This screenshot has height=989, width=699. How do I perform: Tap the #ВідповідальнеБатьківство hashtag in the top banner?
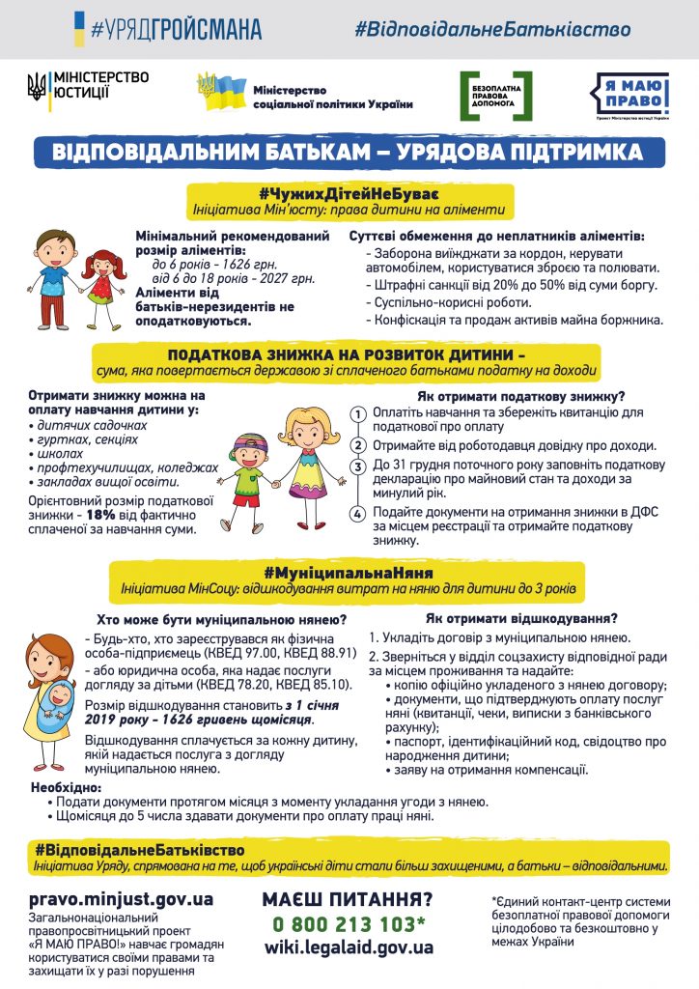click(x=491, y=29)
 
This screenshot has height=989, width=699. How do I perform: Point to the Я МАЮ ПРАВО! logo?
click(x=629, y=95)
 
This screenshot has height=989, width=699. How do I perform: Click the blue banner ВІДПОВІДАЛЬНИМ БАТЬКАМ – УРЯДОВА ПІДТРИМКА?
click(x=349, y=152)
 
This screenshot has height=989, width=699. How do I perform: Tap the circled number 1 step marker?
click(x=357, y=414)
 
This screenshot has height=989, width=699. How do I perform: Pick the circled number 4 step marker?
click(x=357, y=514)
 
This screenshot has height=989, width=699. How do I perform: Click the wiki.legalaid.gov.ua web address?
click(x=349, y=947)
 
